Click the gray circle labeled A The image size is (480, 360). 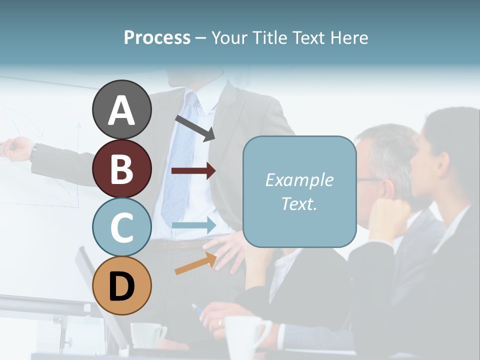[121, 110]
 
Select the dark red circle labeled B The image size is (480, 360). [121, 168]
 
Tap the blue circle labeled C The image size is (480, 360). [121, 227]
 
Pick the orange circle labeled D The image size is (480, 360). [121, 285]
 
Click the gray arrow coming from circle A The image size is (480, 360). [195, 128]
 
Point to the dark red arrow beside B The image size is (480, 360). [193, 171]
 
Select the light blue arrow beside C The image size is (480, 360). [193, 225]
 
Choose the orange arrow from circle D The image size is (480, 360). [195, 263]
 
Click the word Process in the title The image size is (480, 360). [157, 37]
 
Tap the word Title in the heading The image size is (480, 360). [270, 37]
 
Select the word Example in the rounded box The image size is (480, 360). [299, 180]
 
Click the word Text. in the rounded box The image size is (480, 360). [299, 203]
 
